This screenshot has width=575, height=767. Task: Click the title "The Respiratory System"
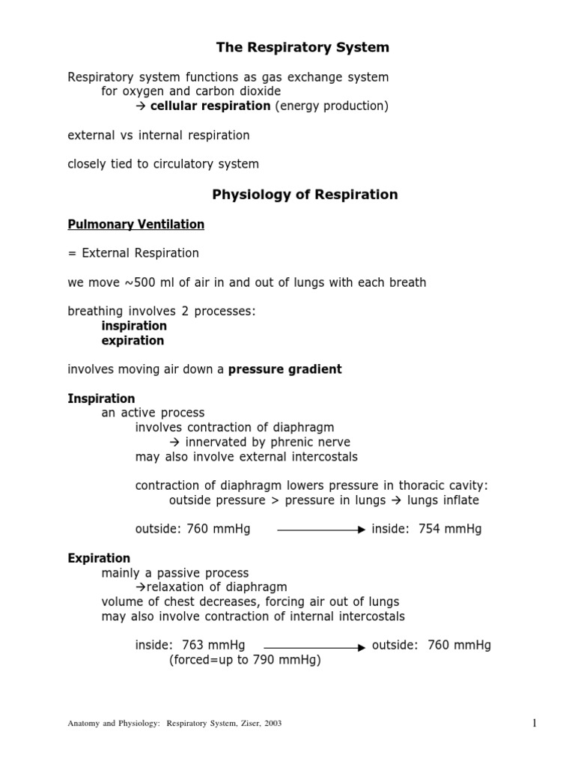(x=302, y=48)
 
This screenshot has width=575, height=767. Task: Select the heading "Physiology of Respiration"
(x=305, y=195)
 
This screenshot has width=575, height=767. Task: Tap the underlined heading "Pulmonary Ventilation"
(x=136, y=224)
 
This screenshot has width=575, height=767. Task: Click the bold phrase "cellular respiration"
(x=210, y=106)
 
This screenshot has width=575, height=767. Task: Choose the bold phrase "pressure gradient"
(x=285, y=369)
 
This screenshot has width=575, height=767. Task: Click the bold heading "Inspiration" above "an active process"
(x=101, y=398)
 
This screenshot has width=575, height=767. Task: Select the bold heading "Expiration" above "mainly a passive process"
(x=99, y=558)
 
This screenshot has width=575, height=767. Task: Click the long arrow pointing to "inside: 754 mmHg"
(x=320, y=530)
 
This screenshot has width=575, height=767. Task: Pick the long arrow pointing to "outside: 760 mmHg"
(x=314, y=646)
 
